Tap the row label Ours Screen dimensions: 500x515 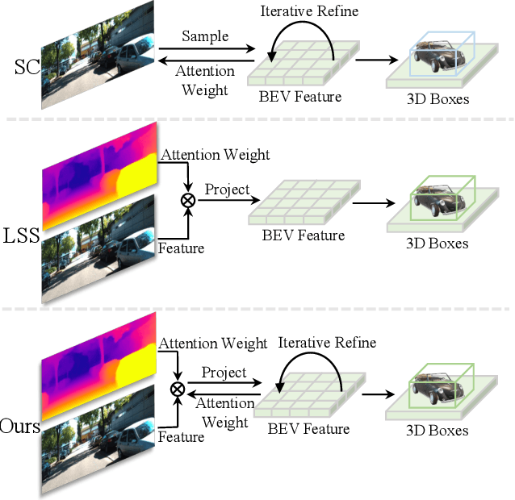pos(20,426)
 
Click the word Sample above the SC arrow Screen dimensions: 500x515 pos(205,37)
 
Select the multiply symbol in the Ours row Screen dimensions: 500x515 pos(177,389)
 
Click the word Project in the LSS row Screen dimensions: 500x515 pos(227,190)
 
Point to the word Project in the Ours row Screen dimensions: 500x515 pos(224,373)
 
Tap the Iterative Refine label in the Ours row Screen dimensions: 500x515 pos(327,343)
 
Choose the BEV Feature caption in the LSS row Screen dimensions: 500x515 pos(304,235)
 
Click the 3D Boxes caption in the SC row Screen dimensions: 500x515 pos(437,101)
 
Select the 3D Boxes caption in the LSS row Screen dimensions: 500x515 pos(435,243)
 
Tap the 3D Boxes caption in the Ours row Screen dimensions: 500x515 pos(437,430)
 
